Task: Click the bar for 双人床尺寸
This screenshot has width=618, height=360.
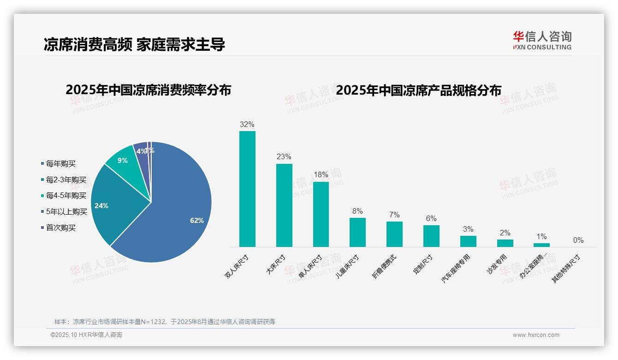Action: point(247,189)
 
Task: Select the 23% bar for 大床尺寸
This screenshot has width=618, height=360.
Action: point(284,205)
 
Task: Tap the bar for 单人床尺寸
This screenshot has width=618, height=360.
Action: point(321,215)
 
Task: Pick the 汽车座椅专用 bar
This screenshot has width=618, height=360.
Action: point(468,241)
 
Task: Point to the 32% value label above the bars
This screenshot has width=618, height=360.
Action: point(247,125)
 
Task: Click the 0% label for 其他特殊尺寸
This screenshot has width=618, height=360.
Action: point(578,240)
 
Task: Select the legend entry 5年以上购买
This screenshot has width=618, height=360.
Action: point(66,212)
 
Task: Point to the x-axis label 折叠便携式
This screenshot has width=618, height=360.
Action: point(385,266)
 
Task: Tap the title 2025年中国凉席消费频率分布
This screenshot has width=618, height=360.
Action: point(148,90)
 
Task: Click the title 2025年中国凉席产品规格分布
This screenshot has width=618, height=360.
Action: point(418,90)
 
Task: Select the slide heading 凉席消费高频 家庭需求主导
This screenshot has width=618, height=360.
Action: point(134,45)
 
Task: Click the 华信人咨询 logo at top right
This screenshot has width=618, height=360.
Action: point(542,40)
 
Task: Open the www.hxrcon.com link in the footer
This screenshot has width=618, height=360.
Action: point(536,335)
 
